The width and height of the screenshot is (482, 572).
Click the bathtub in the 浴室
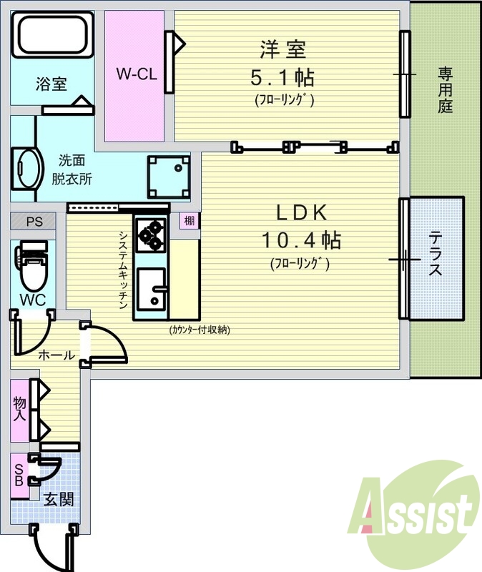(52, 34)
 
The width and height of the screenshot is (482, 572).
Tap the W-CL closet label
(137, 74)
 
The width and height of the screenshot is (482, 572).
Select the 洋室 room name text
(283, 49)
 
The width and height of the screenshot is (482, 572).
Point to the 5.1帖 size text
(282, 77)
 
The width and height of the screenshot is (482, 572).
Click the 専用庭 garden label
(445, 89)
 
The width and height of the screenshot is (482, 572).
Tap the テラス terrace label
(435, 254)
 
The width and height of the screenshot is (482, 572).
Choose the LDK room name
(301, 212)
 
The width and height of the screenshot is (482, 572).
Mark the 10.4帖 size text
(301, 240)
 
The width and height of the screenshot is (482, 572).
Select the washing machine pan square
(169, 177)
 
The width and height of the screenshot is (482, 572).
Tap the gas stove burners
(151, 235)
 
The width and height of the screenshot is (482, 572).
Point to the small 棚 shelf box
(190, 221)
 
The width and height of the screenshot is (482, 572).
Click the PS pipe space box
(33, 222)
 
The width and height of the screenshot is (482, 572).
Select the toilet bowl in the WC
(32, 270)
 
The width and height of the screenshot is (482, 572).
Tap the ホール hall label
(56, 355)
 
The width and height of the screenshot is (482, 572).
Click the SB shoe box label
(19, 475)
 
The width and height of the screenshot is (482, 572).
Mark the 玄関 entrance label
(59, 499)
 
